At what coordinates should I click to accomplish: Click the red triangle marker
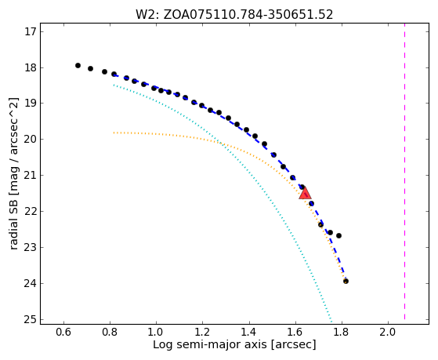(305, 193)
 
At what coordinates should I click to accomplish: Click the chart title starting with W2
(234, 14)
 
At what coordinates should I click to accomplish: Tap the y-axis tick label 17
(31, 31)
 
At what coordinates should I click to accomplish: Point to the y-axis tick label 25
(31, 319)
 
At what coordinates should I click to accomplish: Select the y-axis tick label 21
(31, 176)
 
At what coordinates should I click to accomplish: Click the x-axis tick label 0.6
(63, 332)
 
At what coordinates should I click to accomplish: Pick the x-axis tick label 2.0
(388, 332)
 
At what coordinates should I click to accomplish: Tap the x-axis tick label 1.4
(249, 332)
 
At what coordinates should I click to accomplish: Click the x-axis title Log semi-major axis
(210, 345)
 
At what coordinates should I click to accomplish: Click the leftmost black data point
(78, 65)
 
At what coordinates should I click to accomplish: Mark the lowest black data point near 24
(346, 281)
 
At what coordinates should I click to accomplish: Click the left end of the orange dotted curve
(114, 133)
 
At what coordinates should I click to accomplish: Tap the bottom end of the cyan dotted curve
(331, 322)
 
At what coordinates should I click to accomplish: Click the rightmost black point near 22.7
(338, 236)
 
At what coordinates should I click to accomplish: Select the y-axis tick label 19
(31, 104)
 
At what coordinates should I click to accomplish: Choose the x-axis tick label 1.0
(156, 332)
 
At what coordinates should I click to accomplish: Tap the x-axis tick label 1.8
(342, 332)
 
